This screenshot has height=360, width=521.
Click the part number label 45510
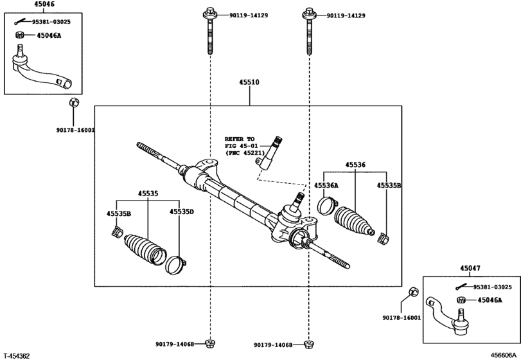coord(251,83)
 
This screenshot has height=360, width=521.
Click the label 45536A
coord(326,185)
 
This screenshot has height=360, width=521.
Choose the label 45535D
coord(182,212)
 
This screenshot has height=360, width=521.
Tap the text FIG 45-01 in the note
coord(239,146)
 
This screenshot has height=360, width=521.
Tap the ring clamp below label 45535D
coord(175,264)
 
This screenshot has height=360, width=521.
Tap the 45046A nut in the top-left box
coord(19,35)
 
